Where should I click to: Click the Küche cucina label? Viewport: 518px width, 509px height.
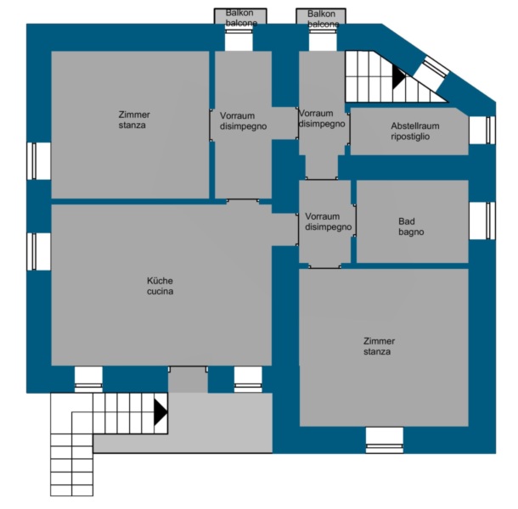160,286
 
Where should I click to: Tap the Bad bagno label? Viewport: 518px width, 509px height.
411,227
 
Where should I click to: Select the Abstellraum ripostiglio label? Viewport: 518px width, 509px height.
415,131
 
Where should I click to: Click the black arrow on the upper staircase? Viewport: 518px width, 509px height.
398,76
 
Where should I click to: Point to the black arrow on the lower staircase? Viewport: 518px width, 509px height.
160,412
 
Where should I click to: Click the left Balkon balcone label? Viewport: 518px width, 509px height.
241,18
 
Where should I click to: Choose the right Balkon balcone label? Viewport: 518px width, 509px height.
323,19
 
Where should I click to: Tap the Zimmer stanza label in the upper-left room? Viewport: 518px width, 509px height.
134,120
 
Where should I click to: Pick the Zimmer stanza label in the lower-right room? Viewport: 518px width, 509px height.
379,346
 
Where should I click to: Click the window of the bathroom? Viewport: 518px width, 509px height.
490,221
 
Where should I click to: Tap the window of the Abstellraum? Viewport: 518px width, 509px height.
490,130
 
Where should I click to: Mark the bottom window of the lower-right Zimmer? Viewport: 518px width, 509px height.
384,446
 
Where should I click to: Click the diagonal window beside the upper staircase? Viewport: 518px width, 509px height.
435,68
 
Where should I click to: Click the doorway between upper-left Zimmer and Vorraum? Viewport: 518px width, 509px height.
211,125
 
